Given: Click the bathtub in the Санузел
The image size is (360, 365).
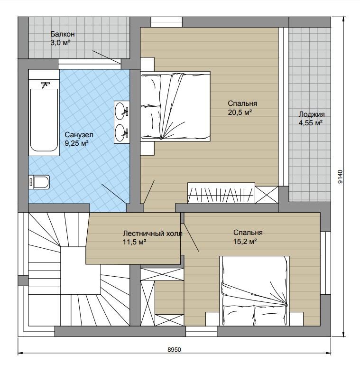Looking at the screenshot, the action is [x=44, y=120].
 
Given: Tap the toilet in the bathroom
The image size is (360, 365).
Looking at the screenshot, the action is [x=39, y=182].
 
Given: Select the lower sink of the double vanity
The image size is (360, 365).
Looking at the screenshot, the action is [x=120, y=133].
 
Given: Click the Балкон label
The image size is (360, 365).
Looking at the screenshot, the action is [x=62, y=34].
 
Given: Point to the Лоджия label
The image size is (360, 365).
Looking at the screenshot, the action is [x=312, y=114].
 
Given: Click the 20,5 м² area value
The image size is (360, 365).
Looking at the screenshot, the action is [x=240, y=112].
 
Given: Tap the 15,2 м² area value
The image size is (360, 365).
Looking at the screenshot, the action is [x=245, y=242].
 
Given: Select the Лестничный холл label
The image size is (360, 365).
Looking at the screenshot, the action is [x=153, y=233].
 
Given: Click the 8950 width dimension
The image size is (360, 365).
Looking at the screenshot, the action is [x=174, y=350].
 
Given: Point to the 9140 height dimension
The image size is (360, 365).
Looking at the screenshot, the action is [x=340, y=177].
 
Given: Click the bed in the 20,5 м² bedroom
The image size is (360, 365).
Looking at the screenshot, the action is [x=175, y=106].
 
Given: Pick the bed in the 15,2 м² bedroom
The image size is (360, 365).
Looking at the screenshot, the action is [x=254, y=291].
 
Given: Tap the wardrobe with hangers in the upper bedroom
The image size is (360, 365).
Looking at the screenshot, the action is [x=221, y=193].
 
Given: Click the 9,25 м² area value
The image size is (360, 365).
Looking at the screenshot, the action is [x=76, y=143].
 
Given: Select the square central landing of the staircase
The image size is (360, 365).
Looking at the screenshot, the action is [x=81, y=271].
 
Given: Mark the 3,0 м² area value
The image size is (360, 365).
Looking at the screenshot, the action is [x=60, y=43].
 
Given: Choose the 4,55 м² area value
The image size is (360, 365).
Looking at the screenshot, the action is [x=311, y=122].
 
